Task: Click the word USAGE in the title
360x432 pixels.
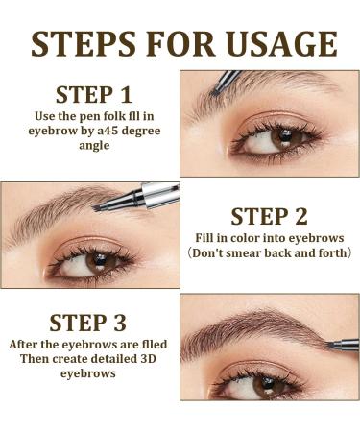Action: tap(283, 44)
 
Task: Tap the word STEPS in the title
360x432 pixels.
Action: tap(84, 44)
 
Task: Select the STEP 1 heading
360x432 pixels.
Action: tap(94, 95)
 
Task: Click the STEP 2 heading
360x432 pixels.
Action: tap(269, 217)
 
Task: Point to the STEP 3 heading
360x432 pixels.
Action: tap(87, 323)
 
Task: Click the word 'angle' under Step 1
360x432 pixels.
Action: tap(94, 146)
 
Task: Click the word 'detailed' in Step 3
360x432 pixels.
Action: tap(114, 358)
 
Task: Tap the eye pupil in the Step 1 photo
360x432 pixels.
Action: tap(285, 135)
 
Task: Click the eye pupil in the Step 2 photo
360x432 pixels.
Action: tap(100, 259)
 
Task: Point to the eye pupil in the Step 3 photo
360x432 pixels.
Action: tap(267, 382)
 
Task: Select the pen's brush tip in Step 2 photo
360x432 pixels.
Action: tap(97, 208)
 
